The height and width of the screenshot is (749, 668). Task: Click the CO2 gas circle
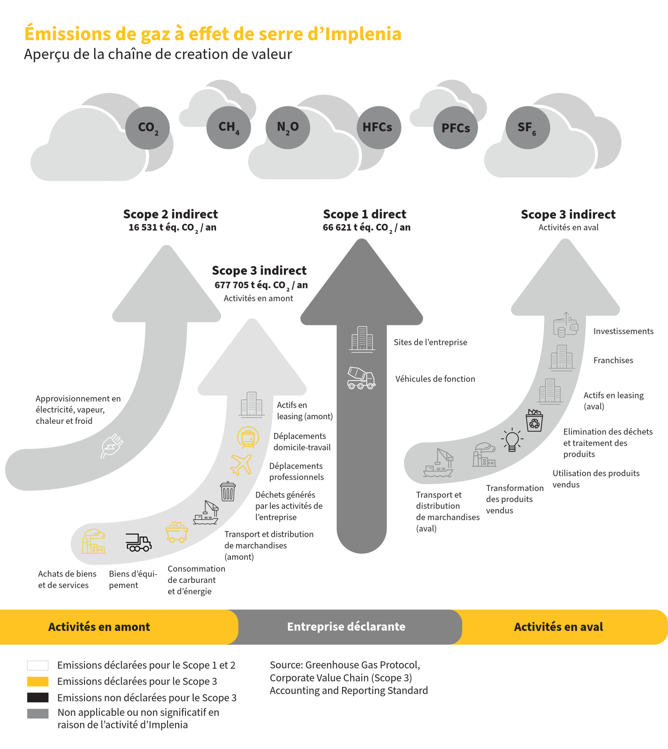[x=148, y=128]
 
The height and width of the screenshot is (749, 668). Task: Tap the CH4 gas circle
[x=229, y=127]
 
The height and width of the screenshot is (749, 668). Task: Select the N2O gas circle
[x=288, y=127]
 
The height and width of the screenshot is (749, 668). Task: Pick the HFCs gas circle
[x=379, y=127]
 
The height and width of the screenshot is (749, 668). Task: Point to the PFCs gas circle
[x=455, y=128]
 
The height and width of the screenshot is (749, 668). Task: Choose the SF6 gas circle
[x=527, y=127]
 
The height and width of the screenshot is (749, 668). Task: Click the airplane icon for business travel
[x=241, y=464]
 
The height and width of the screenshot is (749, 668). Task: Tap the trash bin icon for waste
[x=228, y=491]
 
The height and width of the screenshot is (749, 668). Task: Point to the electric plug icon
[x=112, y=446]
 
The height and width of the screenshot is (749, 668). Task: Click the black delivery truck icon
[x=138, y=543]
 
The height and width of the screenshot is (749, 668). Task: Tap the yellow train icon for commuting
[x=248, y=437]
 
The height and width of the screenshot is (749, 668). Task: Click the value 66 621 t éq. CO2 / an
[x=366, y=228]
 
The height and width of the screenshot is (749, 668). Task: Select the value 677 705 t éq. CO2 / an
[x=261, y=286]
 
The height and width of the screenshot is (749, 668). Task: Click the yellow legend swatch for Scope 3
[x=38, y=681]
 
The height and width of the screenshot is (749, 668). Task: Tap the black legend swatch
[x=38, y=697]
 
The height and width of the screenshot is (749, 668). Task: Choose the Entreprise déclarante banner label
[x=346, y=626]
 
